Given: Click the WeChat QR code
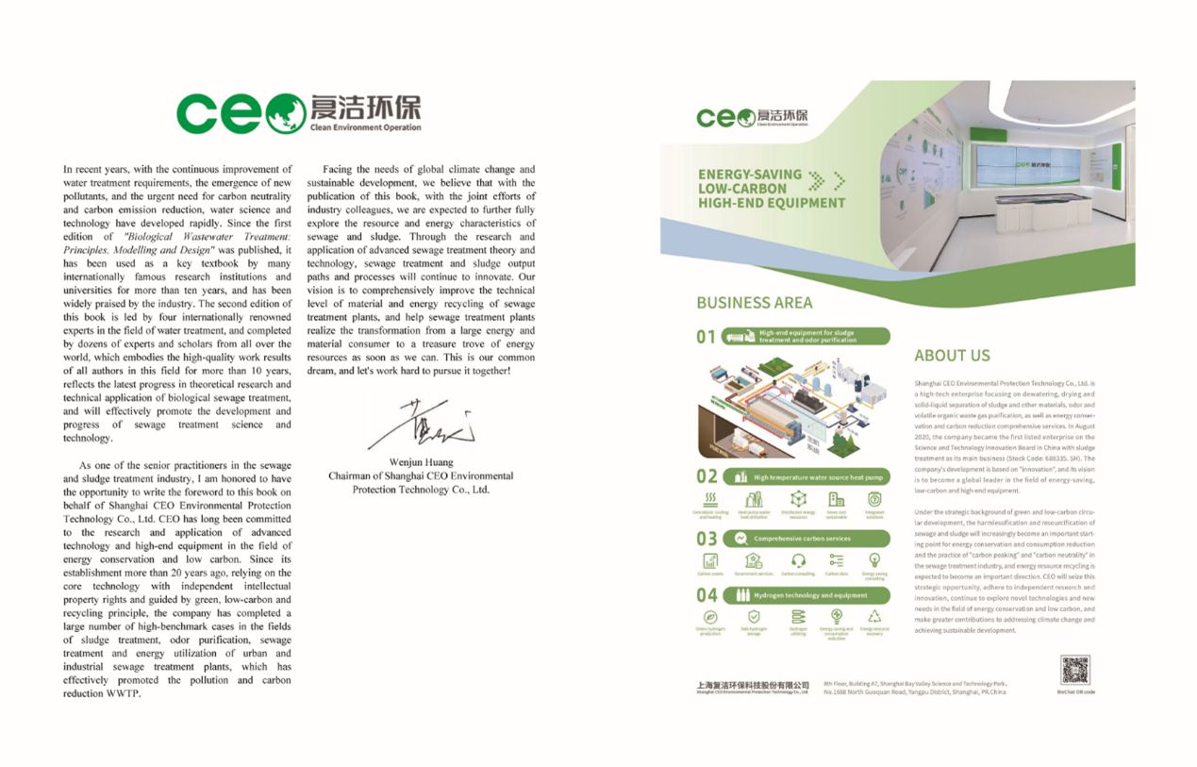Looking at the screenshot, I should pos(1075,669).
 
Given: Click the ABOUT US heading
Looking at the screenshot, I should pos(952,356).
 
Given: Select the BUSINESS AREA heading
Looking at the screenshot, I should pos(754,303).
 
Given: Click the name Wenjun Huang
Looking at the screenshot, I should pos(421,463).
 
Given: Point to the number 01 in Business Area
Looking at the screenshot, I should pos(707,337).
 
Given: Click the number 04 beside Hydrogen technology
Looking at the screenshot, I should pos(707,595).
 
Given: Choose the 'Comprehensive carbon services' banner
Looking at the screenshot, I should pos(806,539).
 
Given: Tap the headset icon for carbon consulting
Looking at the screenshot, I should pos(798,560).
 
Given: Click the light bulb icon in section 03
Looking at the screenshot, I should pos(873,560).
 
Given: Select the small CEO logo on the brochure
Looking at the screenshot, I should pos(752,117).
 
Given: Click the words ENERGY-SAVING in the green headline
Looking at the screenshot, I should pos(750,175).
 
